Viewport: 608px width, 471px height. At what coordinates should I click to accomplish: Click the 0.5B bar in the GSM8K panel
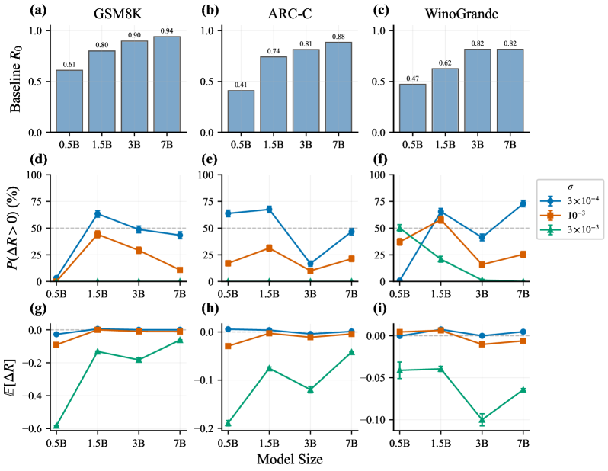(69, 101)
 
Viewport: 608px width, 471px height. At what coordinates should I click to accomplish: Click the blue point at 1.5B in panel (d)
(98, 214)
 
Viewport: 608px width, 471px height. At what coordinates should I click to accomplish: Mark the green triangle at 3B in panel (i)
(482, 419)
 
